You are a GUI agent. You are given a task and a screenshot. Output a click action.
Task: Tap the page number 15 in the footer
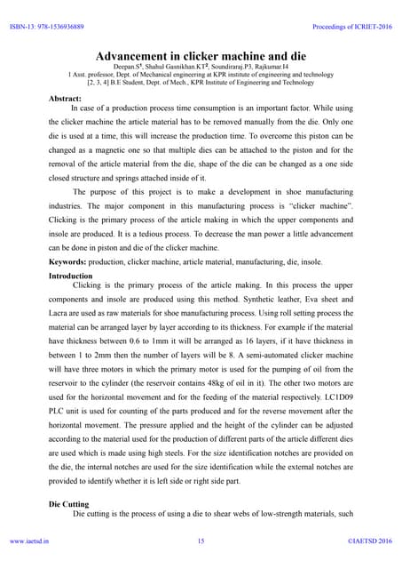(x=201, y=540)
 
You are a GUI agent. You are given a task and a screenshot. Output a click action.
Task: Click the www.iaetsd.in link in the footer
(x=30, y=540)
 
